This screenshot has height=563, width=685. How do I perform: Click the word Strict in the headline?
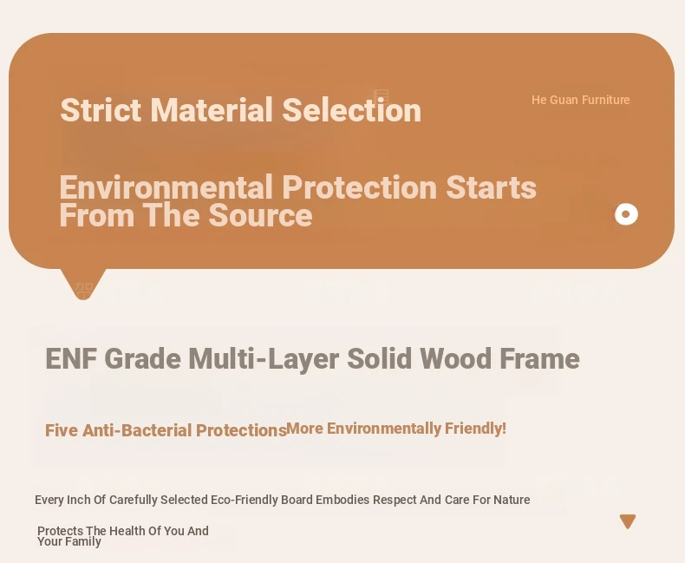coord(101,109)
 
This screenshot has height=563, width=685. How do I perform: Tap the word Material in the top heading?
coord(212,109)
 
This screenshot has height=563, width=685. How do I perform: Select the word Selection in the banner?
coord(352,109)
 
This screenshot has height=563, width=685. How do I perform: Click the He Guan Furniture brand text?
coord(581,100)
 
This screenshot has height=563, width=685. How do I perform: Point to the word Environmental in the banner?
coord(166,187)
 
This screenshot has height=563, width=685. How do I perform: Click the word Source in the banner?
coord(260,215)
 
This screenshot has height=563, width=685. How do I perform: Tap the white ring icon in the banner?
coord(626,214)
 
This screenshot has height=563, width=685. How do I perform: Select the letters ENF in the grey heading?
coord(71,358)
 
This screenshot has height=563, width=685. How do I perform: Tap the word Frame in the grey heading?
coord(539,358)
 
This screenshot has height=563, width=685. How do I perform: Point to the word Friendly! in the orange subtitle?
coord(475,429)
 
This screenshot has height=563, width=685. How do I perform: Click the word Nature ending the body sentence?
coord(512,500)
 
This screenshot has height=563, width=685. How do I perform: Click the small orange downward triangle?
coord(628,521)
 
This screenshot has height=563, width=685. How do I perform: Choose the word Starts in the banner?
coord(491,187)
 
